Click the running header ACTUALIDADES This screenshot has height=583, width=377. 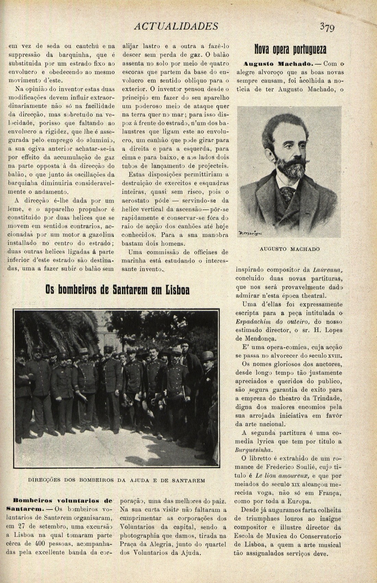176,26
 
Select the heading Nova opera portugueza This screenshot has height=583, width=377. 290,49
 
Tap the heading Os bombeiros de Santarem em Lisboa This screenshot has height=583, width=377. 118,290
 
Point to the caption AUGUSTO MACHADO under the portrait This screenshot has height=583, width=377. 290,249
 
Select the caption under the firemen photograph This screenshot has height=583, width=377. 116,480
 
